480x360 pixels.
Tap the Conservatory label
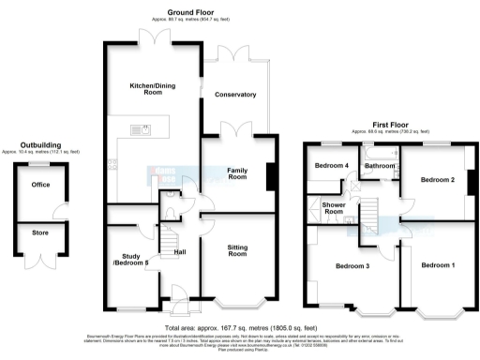pyautogui.click(x=234, y=95)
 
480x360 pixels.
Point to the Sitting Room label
pyautogui.click(x=238, y=251)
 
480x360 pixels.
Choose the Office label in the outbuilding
pyautogui.click(x=39, y=185)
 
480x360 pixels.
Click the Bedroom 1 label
pyautogui.click(x=438, y=266)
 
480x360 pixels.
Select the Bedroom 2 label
pyautogui.click(x=437, y=179)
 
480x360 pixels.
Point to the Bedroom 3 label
pyautogui.click(x=355, y=267)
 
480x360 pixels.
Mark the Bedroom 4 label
pyautogui.click(x=330, y=166)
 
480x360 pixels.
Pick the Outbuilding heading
pyautogui.click(x=40, y=144)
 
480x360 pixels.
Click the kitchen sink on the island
pyautogui.click(x=143, y=128)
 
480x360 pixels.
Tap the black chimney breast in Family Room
pyautogui.click(x=271, y=175)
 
